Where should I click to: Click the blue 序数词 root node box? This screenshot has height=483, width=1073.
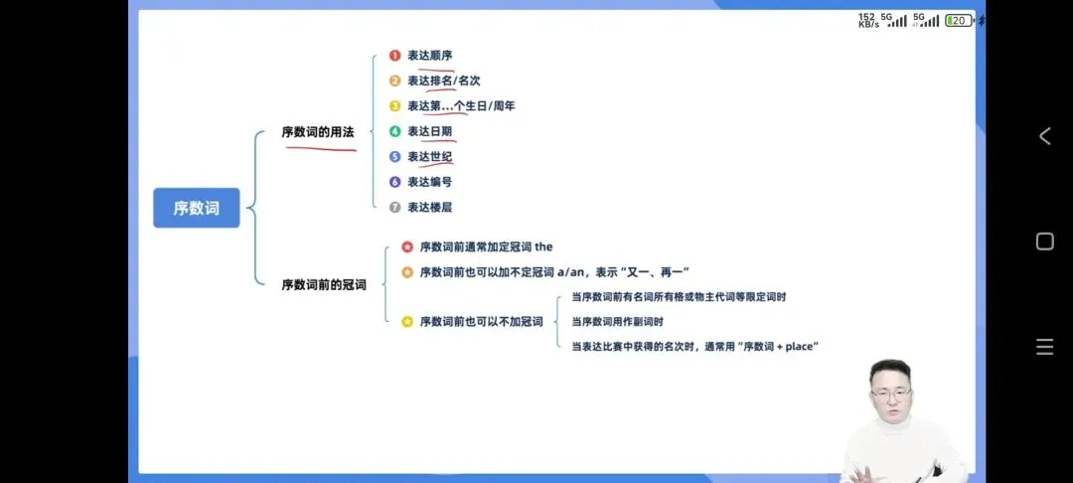click(196, 208)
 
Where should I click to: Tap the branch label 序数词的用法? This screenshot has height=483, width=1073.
click(317, 132)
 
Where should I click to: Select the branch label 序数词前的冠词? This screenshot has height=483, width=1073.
click(324, 285)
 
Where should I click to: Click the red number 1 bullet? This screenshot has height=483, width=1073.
click(394, 55)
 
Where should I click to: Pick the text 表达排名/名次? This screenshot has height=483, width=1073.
click(443, 80)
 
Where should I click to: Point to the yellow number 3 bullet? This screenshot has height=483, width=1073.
click(394, 106)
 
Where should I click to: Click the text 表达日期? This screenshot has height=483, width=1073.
click(429, 131)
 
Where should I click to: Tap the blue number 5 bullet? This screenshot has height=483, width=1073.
click(394, 157)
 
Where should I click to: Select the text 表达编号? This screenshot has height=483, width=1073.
click(429, 182)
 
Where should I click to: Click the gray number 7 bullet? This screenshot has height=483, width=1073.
click(394, 208)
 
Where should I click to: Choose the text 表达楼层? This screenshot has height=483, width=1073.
click(429, 208)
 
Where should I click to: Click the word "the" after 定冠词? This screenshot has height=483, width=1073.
click(543, 246)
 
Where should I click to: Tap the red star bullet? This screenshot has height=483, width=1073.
click(407, 246)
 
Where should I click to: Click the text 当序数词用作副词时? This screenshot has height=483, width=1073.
click(617, 322)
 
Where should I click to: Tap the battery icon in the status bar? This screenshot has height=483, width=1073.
click(959, 20)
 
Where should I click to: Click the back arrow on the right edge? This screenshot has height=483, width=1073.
click(1044, 136)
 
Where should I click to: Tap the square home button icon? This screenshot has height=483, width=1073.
click(1044, 241)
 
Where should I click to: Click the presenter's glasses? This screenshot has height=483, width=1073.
click(891, 394)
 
